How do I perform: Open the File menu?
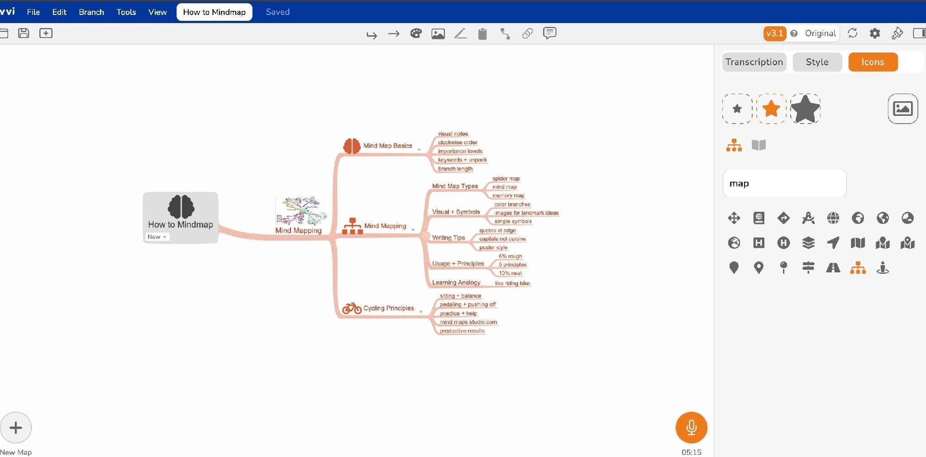pos(33,12)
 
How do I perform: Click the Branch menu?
pos(91,12)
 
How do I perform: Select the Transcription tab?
pos(754,62)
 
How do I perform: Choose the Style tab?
pos(817,62)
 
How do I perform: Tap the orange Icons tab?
pos(873,62)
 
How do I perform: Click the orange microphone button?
pos(691,427)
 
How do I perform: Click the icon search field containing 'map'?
pos(784,183)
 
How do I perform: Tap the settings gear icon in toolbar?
pos(874,33)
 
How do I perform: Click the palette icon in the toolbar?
pos(416,33)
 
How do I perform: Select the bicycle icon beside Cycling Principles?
pos(352,308)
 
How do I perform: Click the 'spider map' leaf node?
pos(506,179)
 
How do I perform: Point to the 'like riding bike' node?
pos(512,283)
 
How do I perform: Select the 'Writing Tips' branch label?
pos(449,238)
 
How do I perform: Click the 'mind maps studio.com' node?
pos(468,322)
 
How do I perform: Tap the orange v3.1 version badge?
pos(774,33)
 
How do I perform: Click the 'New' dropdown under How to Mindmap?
pos(157,237)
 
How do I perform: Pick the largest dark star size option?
pos(805,109)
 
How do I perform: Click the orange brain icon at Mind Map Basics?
pos(352,146)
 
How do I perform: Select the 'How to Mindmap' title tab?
pos(214,12)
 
